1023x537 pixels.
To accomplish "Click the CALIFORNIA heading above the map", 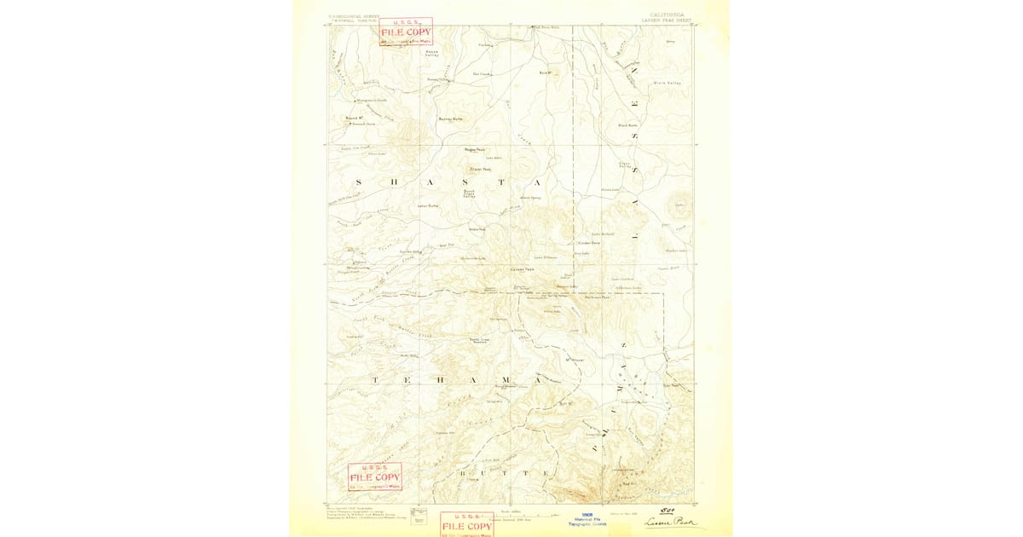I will click(x=667, y=14).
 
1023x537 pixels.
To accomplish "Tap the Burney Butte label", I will click(x=450, y=118).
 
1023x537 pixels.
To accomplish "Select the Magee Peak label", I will click(x=475, y=150).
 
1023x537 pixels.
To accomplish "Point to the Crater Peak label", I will click(x=482, y=169).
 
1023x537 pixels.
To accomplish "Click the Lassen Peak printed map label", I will click(x=522, y=269).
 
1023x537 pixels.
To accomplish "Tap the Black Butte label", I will click(x=627, y=125).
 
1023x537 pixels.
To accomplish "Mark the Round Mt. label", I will click(x=355, y=118).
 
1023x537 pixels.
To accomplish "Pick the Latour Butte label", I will click(x=427, y=205).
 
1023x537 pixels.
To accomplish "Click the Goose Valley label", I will click(x=432, y=53).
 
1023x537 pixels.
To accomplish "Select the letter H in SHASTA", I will click(x=395, y=182).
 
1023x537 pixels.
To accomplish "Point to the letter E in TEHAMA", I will click(x=402, y=378).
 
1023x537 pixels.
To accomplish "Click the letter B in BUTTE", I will click(x=462, y=471).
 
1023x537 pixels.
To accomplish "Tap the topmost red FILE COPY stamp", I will click(x=406, y=32).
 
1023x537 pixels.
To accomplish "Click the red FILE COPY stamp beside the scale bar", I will click(x=466, y=525).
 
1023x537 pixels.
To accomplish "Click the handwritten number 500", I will click(x=680, y=509).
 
